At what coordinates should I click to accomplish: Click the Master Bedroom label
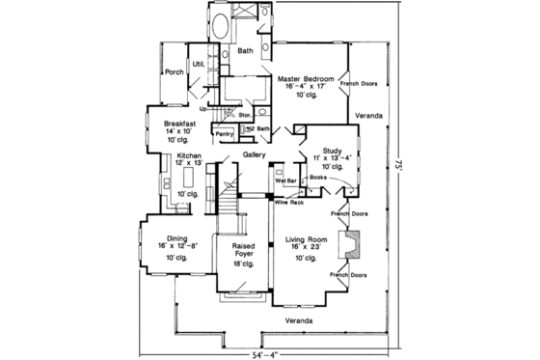(x=306, y=78)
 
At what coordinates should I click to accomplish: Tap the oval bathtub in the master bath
(x=220, y=26)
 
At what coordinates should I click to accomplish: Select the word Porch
(x=174, y=72)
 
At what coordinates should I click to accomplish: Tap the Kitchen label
(x=188, y=154)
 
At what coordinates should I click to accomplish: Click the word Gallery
(x=254, y=154)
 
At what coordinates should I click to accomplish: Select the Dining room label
(x=175, y=239)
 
